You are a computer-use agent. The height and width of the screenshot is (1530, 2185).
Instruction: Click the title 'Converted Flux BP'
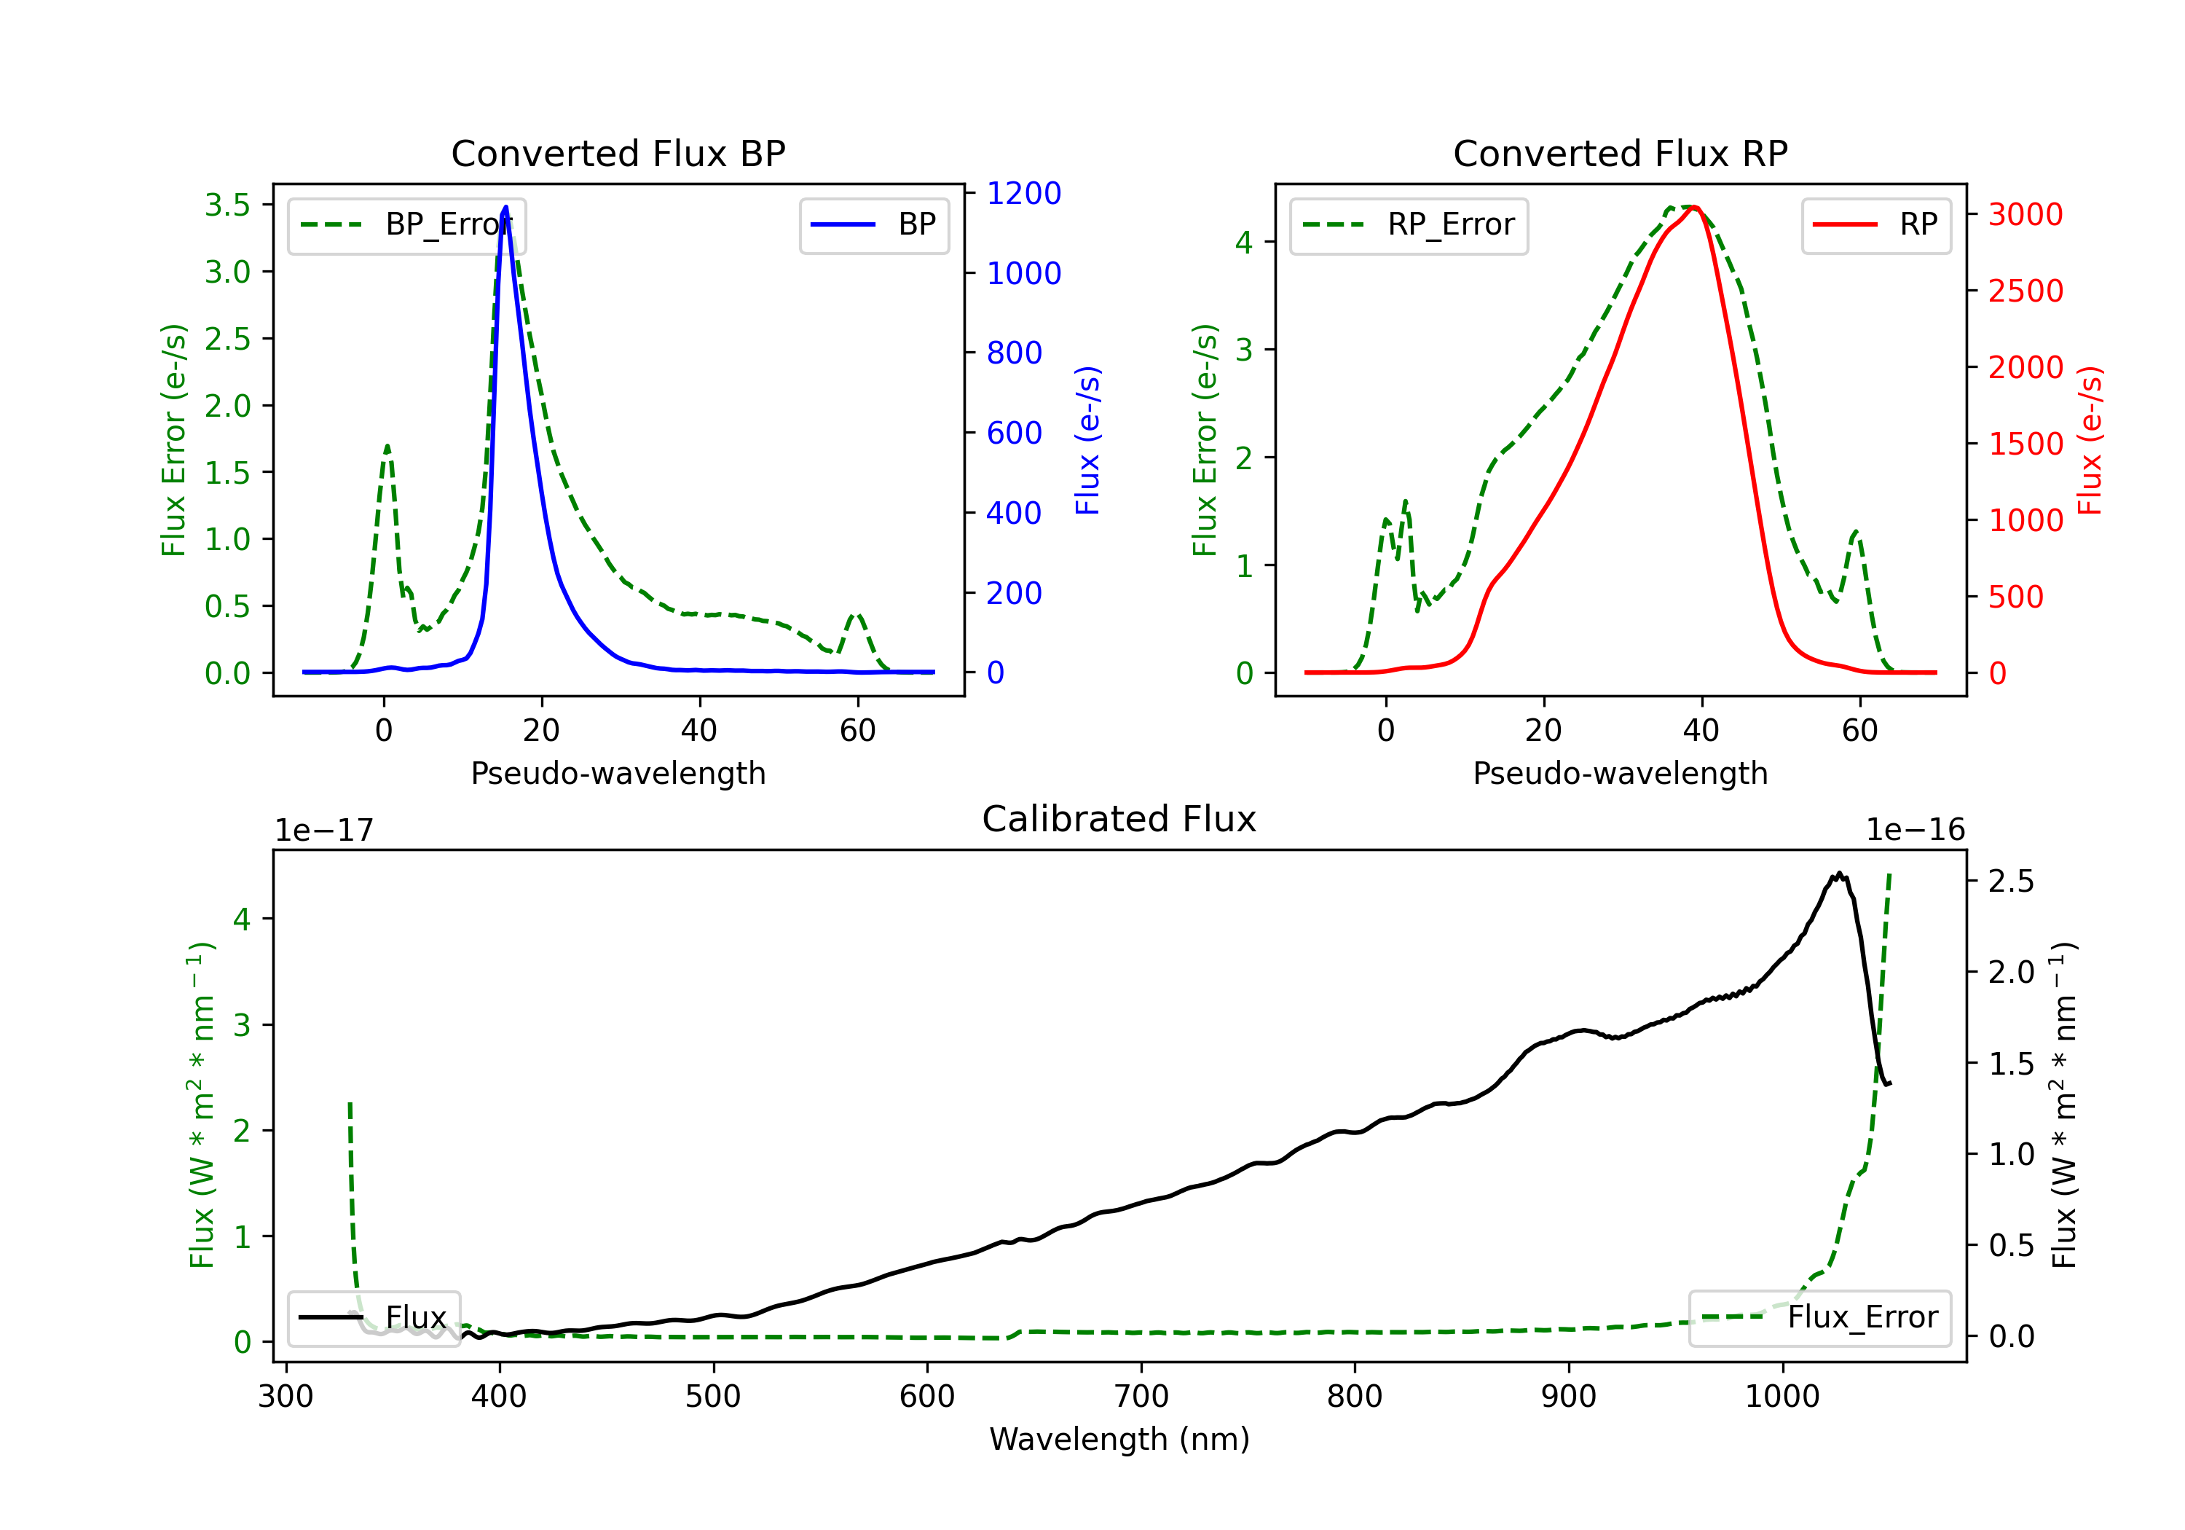coord(618,153)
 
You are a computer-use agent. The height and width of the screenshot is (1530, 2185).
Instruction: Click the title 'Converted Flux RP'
coord(1621,153)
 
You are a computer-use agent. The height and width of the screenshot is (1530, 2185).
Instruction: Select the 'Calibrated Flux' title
coord(1119,819)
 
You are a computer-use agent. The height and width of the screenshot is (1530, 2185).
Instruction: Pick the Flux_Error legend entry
coord(1819,1318)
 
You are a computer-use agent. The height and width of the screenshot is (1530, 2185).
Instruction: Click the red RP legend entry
coord(1875,224)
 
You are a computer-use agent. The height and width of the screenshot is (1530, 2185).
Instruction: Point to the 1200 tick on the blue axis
coord(1024,193)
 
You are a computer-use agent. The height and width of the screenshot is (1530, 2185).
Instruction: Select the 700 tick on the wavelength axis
coord(1141,1397)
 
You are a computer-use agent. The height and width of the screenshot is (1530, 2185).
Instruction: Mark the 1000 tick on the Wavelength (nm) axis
coord(1782,1397)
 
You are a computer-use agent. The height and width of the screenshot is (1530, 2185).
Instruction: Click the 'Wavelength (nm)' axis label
coord(1120,1439)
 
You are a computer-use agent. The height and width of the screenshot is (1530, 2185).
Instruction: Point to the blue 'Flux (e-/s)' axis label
coord(1087,440)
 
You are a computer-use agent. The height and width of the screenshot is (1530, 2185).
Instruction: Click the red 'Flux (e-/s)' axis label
coord(2090,440)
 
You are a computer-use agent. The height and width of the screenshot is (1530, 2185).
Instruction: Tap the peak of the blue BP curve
coord(505,207)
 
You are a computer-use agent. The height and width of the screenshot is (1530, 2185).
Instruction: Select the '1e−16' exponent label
coord(1915,831)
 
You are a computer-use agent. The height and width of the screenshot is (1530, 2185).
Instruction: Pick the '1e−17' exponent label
coord(325,831)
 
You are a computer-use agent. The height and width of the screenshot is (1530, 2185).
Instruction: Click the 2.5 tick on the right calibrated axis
coord(2012,882)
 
